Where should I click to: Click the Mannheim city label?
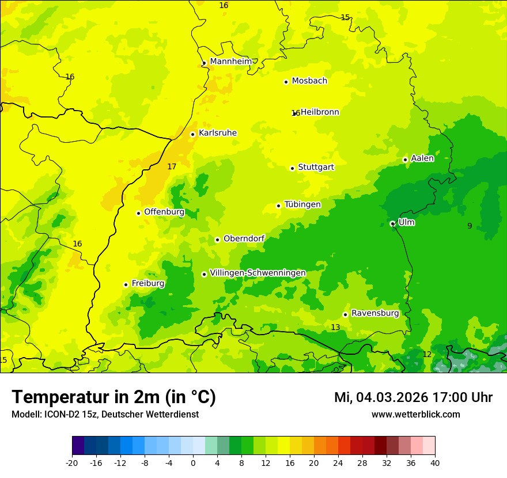coord(230,62)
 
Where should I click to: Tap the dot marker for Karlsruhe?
coord(193,134)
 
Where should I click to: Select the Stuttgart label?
coord(316,167)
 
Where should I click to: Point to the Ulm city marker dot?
coord(392,223)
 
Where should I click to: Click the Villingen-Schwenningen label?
coord(258,273)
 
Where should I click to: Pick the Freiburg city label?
coord(147,283)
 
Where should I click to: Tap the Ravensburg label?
coord(374,313)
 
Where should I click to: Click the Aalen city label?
coord(422,158)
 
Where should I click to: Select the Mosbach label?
coord(309,81)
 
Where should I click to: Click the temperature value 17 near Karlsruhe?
coord(172,166)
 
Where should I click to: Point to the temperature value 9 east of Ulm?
coord(470,226)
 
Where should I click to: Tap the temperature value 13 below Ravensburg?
coord(335,327)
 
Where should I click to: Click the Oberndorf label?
coord(244,238)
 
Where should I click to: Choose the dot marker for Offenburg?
coord(138,213)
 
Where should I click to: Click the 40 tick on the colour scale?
coord(435,462)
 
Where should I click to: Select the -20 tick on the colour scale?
coord(72,462)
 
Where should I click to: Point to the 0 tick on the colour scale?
coord(193,462)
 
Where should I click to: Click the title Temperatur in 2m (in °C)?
coord(114,397)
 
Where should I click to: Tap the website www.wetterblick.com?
coord(415,415)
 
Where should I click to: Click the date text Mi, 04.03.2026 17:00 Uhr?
coord(413,397)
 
